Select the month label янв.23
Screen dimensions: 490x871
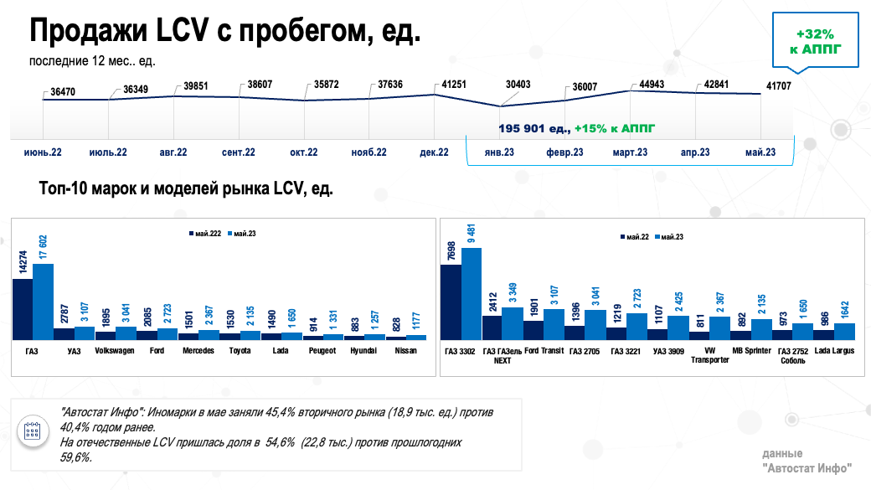tap(500, 152)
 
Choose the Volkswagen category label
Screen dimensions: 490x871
tap(115, 351)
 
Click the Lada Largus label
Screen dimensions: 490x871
tap(833, 351)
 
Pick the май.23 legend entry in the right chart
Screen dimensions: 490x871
tap(673, 238)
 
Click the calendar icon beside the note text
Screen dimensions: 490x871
tap(33, 431)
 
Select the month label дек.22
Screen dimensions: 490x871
tap(434, 152)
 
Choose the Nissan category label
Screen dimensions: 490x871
tap(407, 351)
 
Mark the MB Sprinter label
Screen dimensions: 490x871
tap(750, 351)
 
